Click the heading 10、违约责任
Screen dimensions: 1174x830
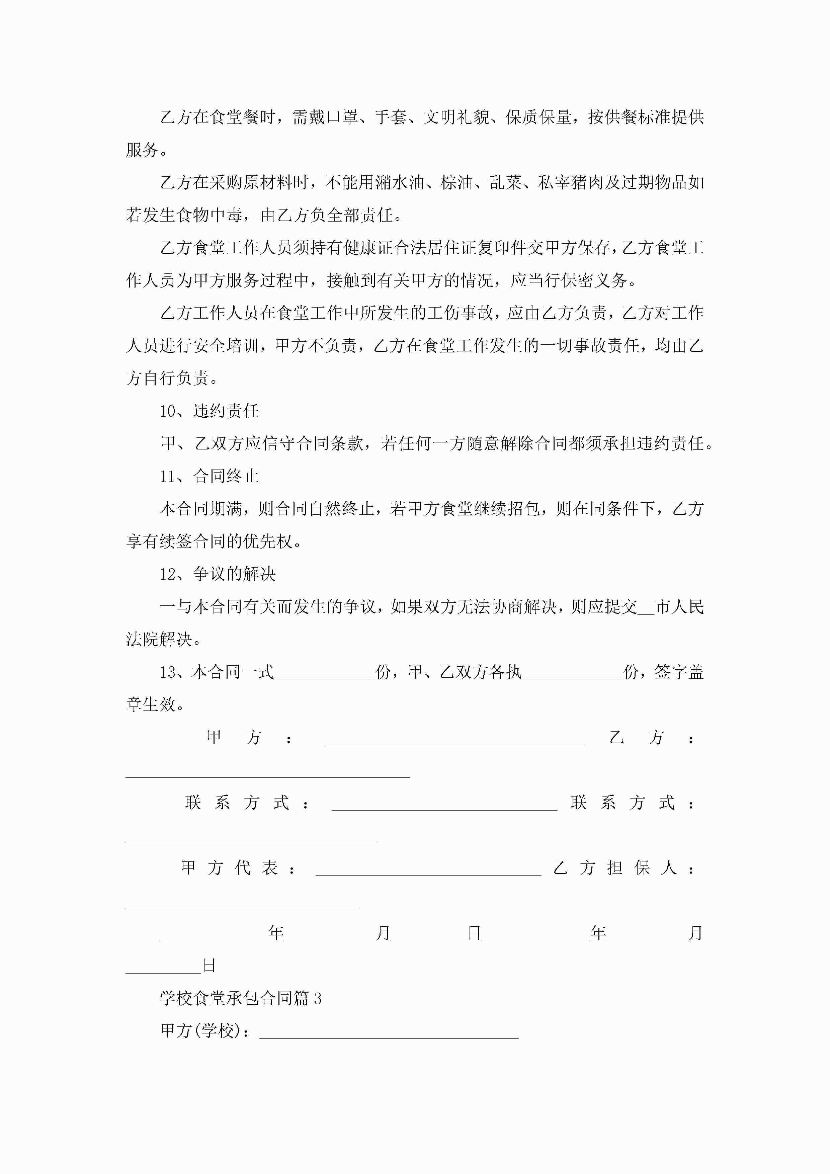[x=209, y=411]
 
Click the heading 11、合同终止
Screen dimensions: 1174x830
[x=209, y=477]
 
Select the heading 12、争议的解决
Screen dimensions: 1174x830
[x=217, y=574]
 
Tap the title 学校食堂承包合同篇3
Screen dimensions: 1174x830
[x=240, y=998]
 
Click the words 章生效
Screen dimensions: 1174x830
[x=151, y=704]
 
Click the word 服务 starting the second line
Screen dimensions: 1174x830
[x=142, y=150]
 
